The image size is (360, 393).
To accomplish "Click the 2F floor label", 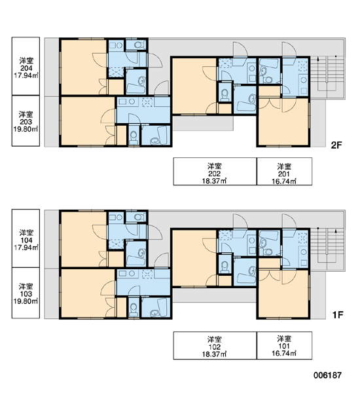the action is point(336,145).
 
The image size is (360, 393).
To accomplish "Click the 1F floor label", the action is point(337,315).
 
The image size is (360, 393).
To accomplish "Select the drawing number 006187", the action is point(327,375).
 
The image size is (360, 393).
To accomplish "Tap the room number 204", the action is point(26,68).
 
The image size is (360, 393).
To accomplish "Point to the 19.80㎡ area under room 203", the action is point(26,129).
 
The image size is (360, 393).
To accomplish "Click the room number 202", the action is point(215,174).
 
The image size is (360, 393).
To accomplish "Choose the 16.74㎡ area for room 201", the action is point(284,181).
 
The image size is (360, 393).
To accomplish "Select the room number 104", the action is point(26,240).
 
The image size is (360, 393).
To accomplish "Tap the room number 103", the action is point(26,293).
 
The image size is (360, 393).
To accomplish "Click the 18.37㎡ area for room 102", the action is point(215,354).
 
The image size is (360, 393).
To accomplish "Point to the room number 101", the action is point(284,346).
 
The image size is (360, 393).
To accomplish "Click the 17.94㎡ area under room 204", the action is point(26,75).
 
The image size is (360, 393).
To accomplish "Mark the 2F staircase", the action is point(327,73).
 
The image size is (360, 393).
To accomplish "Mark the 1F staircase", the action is point(327,245).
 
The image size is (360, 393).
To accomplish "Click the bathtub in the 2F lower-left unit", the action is point(159,135).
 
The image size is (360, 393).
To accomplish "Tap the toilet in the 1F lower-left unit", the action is point(134,309).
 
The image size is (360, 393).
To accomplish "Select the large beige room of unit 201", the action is point(283,122).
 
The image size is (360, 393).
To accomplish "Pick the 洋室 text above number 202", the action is point(215,166).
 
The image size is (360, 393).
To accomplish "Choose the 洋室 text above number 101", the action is point(284,339).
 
